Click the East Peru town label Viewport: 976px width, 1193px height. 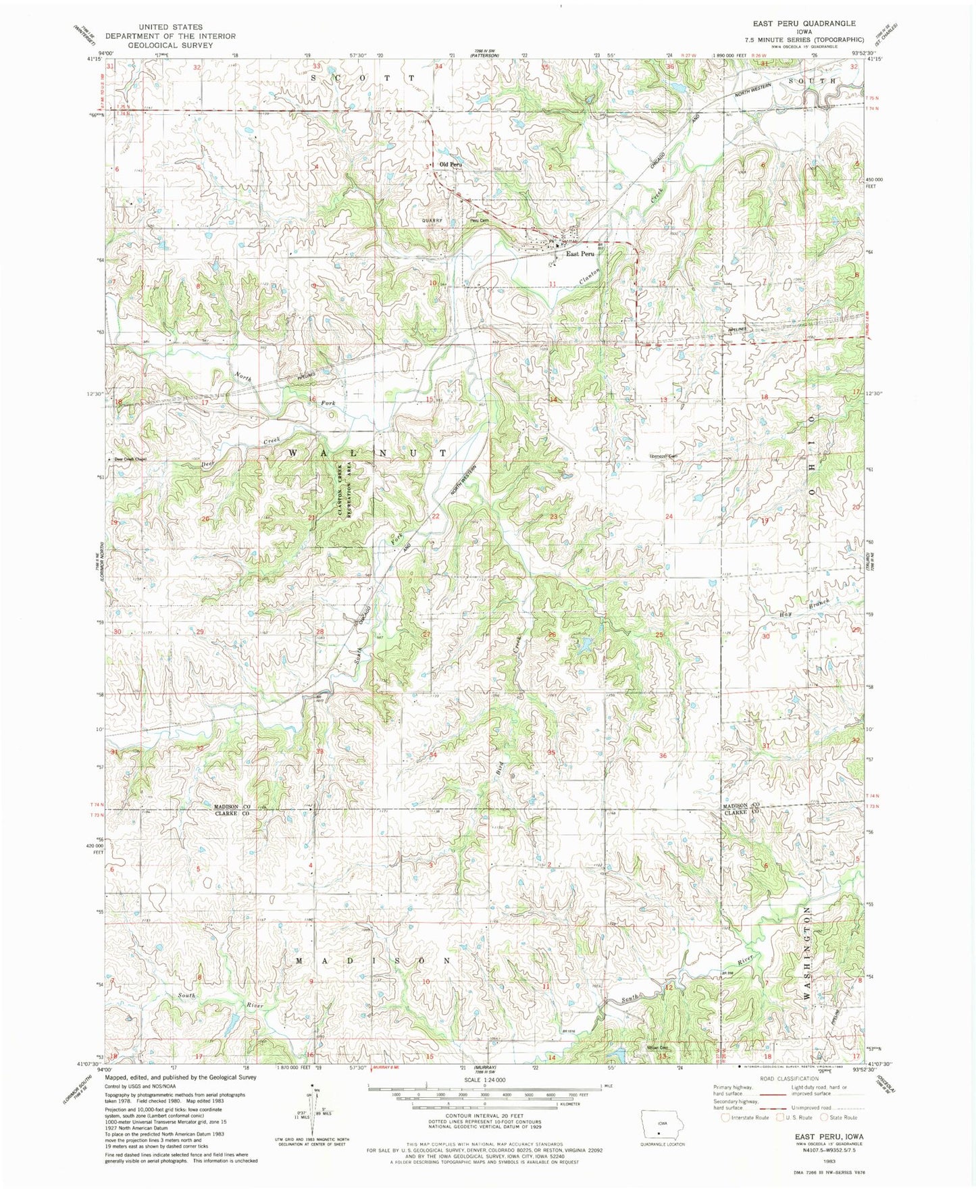tap(580, 253)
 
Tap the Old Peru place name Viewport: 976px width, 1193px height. tap(451, 164)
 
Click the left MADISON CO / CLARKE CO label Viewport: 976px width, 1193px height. tap(232, 811)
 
